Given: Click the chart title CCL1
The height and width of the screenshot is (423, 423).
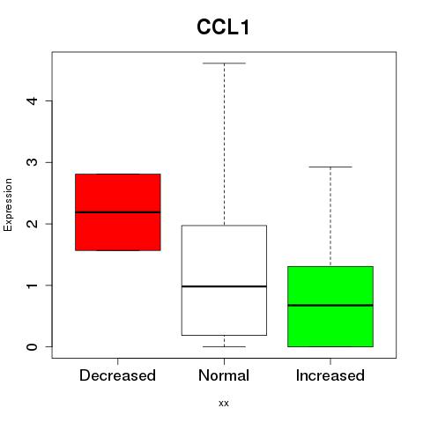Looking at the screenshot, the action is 223,27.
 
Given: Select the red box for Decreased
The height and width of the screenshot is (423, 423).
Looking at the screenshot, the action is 118,212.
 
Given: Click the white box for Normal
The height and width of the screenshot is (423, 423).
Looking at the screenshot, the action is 224,280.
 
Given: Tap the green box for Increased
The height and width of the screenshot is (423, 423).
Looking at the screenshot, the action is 330,307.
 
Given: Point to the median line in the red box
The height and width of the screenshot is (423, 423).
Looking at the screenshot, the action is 118,212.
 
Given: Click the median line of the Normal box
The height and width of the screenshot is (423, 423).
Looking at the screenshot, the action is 224,286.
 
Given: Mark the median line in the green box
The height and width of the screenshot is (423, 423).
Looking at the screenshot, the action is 330,305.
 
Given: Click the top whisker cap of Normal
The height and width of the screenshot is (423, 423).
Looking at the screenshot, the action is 224,63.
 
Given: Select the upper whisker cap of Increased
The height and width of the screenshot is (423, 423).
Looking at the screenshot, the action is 330,167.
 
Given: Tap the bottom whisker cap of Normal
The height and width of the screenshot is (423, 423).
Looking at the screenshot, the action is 224,346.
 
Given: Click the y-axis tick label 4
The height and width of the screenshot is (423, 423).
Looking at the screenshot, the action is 33,100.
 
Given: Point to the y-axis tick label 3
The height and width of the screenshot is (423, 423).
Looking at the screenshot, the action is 33,162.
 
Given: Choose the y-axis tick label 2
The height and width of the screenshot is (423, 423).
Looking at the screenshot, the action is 33,224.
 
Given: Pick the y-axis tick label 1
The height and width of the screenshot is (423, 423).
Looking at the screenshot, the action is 33,286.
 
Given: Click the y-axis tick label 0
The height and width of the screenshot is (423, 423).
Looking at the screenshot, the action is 33,346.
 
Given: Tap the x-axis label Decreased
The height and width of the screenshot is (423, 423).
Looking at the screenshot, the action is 117,375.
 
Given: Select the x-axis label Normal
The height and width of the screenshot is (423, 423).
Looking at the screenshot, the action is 224,375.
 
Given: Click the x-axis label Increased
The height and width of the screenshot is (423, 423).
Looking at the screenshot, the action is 330,375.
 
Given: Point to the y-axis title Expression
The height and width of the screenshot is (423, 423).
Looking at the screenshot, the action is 8,204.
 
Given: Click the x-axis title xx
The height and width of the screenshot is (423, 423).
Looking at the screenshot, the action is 224,404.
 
